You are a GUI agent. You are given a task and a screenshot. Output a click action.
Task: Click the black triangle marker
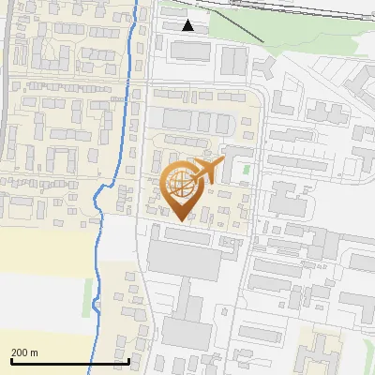(188, 25)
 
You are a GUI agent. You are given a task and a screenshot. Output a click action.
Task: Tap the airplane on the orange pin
(204, 172)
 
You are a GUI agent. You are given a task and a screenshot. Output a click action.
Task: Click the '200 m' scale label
(24, 352)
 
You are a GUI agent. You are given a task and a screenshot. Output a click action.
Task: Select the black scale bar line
(69, 361)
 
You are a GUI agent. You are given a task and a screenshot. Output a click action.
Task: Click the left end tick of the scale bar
(11, 359)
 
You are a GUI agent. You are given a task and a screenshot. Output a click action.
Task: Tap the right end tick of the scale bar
(128, 359)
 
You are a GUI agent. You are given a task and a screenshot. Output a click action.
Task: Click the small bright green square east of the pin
(247, 170)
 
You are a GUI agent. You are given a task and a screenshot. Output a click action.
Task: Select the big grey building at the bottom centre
(188, 328)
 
